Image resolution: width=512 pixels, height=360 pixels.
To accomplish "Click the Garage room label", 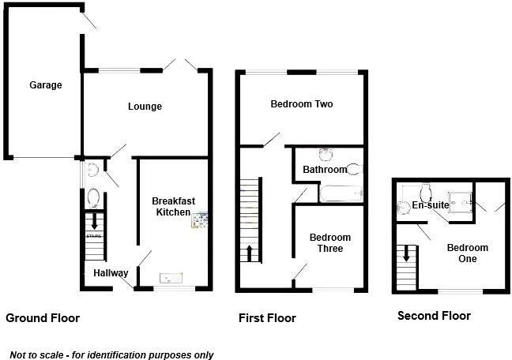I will [46, 85].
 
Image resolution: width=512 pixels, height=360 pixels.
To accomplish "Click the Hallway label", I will [111, 273].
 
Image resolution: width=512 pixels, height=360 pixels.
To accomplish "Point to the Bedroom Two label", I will [300, 103].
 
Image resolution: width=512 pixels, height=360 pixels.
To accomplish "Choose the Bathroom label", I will [324, 170].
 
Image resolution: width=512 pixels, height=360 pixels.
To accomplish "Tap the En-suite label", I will [431, 205].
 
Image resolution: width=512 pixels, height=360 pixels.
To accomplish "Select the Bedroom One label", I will [467, 253].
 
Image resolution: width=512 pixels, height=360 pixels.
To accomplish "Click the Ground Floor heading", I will [43, 318].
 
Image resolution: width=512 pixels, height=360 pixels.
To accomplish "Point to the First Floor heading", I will [267, 318].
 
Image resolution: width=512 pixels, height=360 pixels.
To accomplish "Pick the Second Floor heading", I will [434, 316].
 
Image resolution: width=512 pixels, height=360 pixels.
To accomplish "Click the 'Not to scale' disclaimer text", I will [111, 355].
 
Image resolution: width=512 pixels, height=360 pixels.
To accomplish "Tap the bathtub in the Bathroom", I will [341, 192].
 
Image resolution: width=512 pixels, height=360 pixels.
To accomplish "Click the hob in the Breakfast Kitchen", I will [198, 219].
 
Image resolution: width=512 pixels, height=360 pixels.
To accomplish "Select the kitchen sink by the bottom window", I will [171, 277].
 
